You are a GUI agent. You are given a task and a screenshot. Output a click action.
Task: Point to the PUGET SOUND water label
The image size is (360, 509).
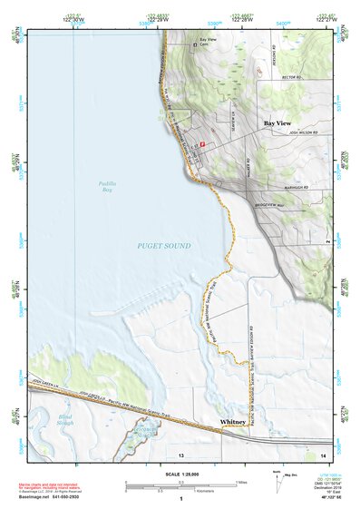tap(164, 246)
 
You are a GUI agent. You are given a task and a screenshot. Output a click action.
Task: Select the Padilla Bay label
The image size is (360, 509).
tap(107, 188)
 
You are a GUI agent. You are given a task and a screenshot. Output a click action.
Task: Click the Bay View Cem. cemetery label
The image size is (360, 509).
tap(208, 43)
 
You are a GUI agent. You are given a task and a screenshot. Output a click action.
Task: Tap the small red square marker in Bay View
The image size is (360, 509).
tap(203, 143)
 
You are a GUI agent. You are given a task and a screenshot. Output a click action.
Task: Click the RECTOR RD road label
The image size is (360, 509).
tap(290, 79)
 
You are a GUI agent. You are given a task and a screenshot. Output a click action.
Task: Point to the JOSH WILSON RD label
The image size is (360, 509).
tap(306, 132)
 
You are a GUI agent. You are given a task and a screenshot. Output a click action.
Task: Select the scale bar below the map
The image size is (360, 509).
tap(181, 485)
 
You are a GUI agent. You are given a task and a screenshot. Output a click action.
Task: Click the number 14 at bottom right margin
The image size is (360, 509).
tap(323, 453)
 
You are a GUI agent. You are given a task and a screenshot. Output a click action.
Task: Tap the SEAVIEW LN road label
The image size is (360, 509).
tap(231, 119)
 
